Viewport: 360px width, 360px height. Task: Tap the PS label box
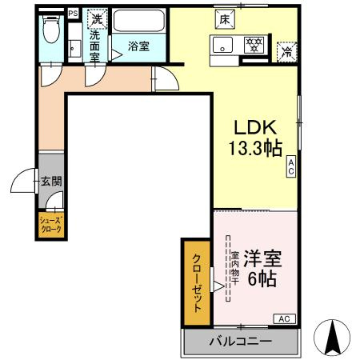pos(72,14)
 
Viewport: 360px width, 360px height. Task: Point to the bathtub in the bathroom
pos(139,20)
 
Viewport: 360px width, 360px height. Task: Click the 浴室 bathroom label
pos(140,46)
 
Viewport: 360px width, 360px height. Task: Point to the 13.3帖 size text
pos(255,149)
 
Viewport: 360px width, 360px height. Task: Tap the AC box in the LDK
pos(292,166)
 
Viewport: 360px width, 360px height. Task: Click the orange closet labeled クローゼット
pos(196,282)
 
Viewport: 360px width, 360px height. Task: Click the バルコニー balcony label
pos(241,342)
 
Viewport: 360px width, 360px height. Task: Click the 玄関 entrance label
pos(51,182)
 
